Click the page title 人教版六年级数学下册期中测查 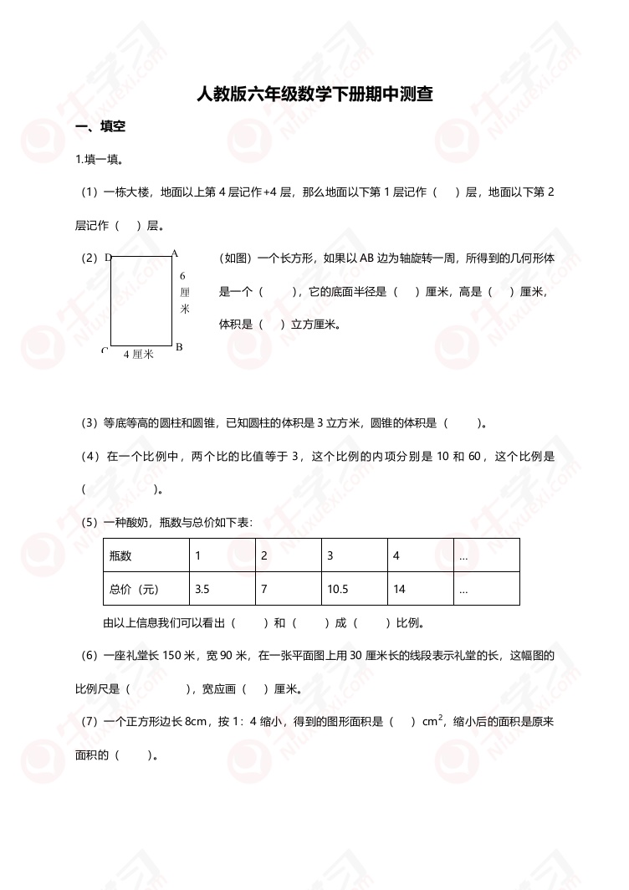314,94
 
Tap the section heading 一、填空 100,127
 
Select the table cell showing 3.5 202,589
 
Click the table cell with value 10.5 338,589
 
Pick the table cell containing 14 399,589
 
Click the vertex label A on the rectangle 174,252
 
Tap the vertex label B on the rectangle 178,346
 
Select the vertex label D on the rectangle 108,258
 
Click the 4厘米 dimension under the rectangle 138,355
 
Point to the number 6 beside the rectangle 182,275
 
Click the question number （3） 89,423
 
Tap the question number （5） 89,522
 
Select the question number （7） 89,721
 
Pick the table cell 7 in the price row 263,589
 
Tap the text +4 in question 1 270,192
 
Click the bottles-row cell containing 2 263,555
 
